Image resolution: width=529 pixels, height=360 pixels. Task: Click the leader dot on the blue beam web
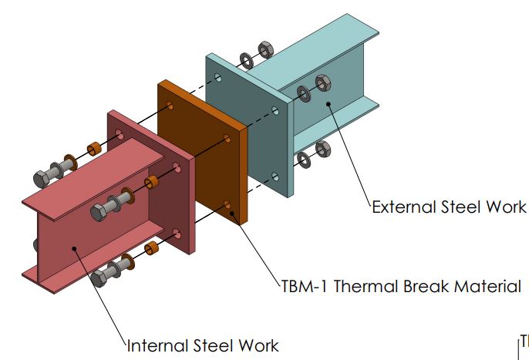[x=329, y=103]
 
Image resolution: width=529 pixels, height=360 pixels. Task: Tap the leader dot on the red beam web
[x=73, y=247]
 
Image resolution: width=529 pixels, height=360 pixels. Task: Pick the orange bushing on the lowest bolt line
[x=153, y=248]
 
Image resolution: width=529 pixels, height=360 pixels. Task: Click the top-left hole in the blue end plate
[x=221, y=77]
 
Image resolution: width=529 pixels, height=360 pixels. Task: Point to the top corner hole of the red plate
[x=119, y=134]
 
